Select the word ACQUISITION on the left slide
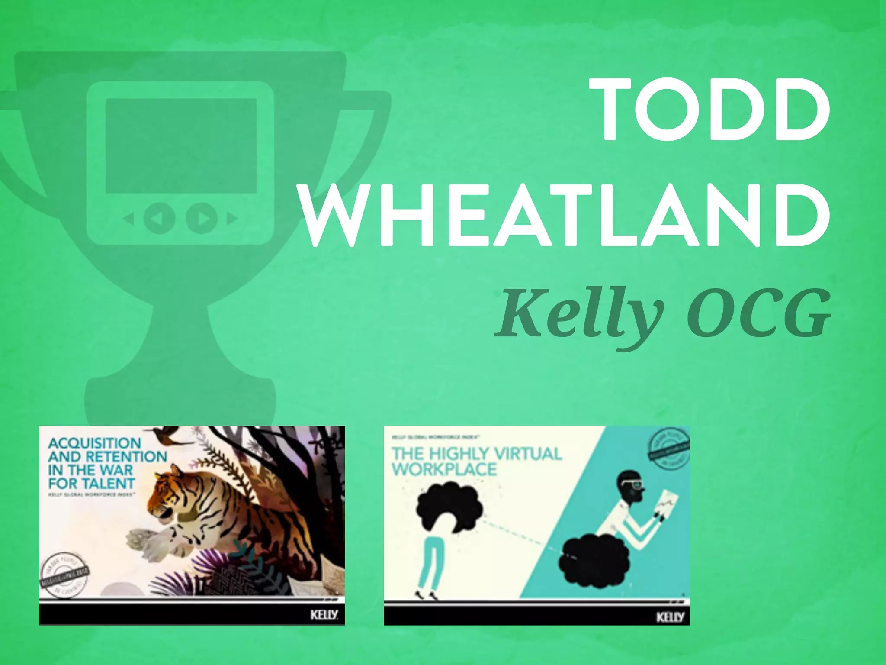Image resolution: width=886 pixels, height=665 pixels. click(x=94, y=443)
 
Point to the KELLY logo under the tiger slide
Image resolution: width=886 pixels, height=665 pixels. click(x=324, y=614)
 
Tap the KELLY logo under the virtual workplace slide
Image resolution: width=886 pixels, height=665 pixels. click(x=670, y=617)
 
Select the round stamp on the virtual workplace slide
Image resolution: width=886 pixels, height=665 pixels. click(x=668, y=449)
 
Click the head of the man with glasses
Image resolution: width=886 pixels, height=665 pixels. click(x=631, y=487)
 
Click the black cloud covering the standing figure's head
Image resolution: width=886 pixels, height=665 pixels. click(x=450, y=507)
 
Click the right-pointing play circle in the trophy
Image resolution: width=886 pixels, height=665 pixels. click(x=201, y=218)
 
